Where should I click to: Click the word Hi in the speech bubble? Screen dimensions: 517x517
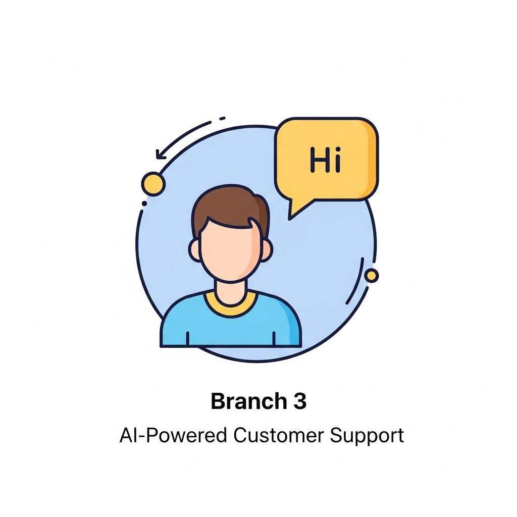click(326, 160)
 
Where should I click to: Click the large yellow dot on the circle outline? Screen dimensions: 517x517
click(153, 184)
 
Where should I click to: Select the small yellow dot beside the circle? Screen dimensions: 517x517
click(371, 275)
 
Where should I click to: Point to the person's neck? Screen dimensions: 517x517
click(231, 292)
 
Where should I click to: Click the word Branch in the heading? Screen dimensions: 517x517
click(249, 401)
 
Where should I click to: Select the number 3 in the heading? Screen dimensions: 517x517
click(300, 401)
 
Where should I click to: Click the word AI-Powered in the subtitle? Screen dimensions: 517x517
click(174, 435)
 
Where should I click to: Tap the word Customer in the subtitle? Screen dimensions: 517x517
click(279, 435)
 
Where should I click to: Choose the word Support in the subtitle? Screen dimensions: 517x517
click(367, 436)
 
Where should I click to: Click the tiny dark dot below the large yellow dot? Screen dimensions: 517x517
click(144, 203)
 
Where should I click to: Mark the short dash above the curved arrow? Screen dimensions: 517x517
click(222, 118)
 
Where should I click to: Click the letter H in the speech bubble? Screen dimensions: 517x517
click(318, 160)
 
